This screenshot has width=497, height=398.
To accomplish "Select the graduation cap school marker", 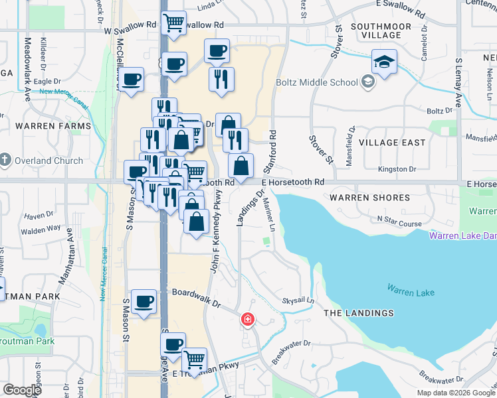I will (x=384, y=63).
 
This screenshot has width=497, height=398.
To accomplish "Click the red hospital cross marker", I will (x=248, y=320).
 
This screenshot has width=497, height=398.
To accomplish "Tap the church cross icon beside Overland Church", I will (x=5, y=160).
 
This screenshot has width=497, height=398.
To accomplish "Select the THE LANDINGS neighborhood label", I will (x=358, y=313).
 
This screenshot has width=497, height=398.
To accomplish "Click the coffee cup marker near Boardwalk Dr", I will (x=144, y=303).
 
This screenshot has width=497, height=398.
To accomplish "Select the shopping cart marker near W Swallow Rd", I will (x=174, y=23).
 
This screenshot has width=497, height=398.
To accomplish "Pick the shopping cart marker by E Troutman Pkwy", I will (x=194, y=360).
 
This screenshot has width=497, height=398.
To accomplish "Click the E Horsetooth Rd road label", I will (x=292, y=182).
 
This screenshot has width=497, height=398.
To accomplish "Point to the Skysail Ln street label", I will (x=298, y=300).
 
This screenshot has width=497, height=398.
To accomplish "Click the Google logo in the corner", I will (x=23, y=390).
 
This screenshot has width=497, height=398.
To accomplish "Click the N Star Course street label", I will (x=399, y=224).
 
